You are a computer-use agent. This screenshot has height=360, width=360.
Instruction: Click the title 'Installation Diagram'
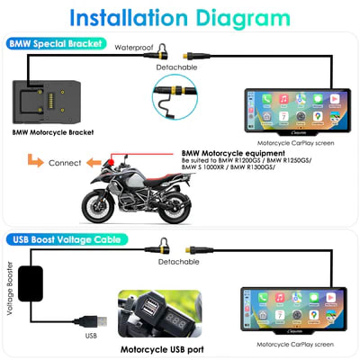pyautogui.click(x=179, y=19)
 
